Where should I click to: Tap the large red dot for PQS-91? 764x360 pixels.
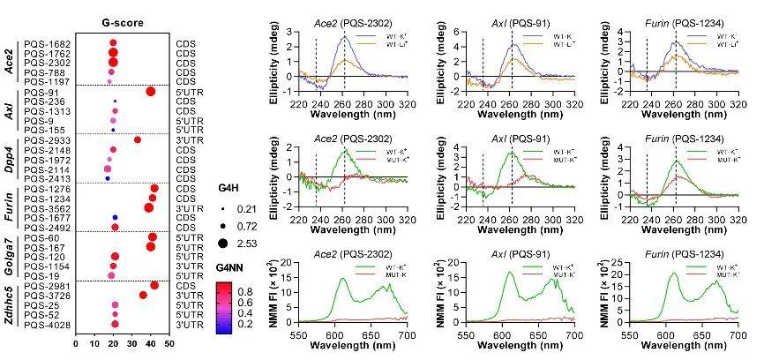[150, 91]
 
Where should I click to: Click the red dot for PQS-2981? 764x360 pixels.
[154, 285]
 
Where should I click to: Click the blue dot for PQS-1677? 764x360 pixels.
[115, 217]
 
